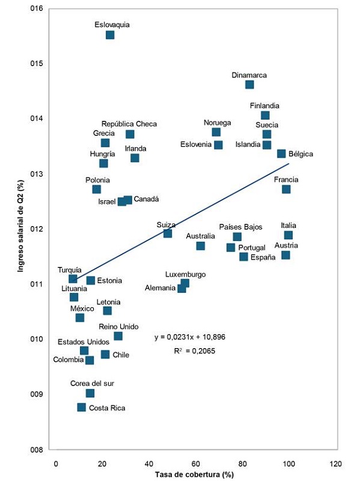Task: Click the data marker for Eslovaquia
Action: tap(110, 35)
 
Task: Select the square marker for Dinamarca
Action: tap(249, 85)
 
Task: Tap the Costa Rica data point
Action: tap(82, 408)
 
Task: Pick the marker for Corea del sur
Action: tap(90, 393)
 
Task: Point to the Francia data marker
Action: tap(286, 189)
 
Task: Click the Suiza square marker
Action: tap(168, 233)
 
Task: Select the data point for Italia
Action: tap(288, 235)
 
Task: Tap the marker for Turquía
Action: tap(73, 278)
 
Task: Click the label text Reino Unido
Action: tap(118, 327)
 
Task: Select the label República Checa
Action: tap(129, 124)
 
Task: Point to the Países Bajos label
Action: tap(240, 227)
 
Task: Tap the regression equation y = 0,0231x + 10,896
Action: tap(189, 337)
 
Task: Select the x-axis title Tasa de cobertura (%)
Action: tap(194, 474)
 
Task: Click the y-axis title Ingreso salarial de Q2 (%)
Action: tap(20, 228)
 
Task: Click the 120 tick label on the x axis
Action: tap(335, 464)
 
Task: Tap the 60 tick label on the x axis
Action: tap(195, 464)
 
